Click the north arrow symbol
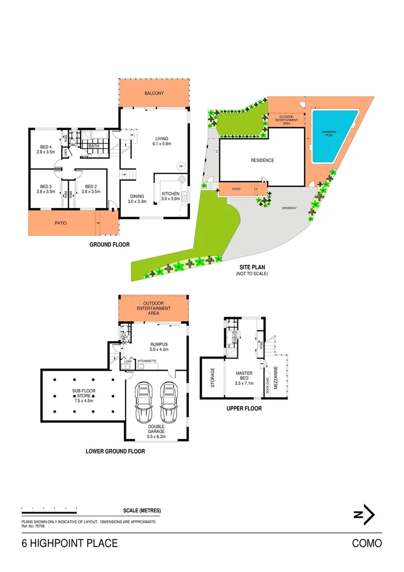pos(364,514)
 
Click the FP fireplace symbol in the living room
pos(181,166)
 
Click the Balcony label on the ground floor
pos(154,93)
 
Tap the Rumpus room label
pos(159,346)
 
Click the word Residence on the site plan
pos(262,160)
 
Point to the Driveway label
pos(290,208)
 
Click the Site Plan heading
pos(252,268)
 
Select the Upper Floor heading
pos(244,408)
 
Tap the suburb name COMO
pos(366,543)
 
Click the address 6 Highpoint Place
pos(69,543)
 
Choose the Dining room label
pos(137,199)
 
